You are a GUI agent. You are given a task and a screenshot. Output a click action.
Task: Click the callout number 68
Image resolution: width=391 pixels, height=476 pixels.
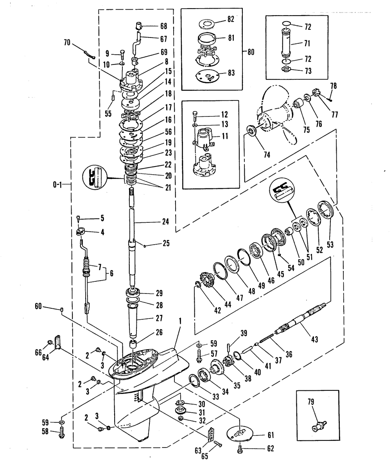164,26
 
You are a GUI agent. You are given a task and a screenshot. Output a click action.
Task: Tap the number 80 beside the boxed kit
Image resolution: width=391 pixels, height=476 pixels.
251,52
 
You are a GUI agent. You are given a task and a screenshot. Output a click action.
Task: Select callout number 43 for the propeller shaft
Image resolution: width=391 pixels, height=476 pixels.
314,339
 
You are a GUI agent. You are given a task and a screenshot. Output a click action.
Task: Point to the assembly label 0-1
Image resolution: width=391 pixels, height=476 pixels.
57,185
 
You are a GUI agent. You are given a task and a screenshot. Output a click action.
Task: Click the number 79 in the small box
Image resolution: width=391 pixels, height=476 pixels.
311,402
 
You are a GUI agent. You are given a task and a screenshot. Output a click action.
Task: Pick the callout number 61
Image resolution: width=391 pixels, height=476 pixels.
271,435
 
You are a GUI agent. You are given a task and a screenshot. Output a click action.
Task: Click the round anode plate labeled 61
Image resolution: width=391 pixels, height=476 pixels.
240,433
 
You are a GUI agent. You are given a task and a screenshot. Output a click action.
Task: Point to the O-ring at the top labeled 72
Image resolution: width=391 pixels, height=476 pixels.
286,23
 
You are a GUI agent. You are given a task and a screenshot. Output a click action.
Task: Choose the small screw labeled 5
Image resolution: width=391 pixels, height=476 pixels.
78,218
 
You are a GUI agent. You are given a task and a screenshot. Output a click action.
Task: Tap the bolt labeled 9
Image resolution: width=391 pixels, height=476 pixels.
122,55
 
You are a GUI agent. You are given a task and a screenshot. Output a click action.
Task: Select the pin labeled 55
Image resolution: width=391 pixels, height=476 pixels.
113,97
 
